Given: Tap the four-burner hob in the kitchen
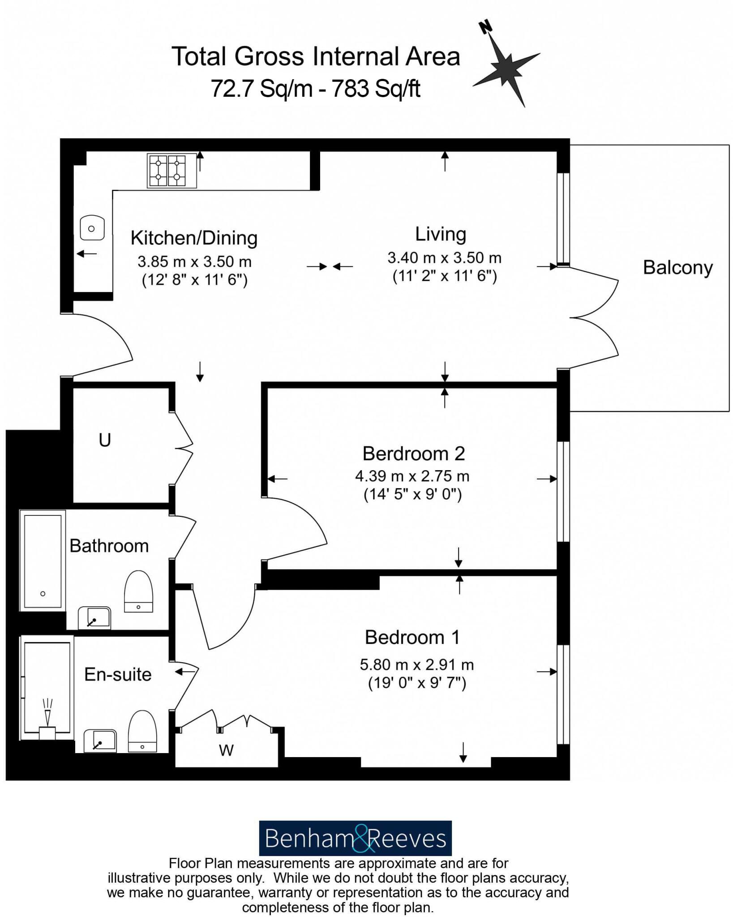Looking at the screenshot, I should tap(172, 170).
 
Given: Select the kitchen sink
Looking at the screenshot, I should tap(92, 228).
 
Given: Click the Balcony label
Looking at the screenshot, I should tap(677, 267).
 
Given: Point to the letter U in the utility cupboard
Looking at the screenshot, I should tap(105, 440).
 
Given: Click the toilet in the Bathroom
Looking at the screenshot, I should tap(138, 591).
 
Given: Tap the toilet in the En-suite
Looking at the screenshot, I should tap(142, 731).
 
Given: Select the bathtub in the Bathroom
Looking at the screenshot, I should tap(43, 561).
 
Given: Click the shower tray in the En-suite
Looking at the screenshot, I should tap(47, 687).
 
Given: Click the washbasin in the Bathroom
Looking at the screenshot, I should tap(94, 617).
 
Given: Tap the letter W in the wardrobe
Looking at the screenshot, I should tap(226, 750).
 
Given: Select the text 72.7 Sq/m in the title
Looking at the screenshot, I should tap(261, 88).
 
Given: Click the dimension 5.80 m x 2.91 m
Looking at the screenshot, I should tap(416, 664).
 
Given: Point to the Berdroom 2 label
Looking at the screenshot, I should tap(413, 454).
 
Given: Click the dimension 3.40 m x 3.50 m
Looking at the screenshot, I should tap(444, 257).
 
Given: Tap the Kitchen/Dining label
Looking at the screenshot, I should tap(194, 238).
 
